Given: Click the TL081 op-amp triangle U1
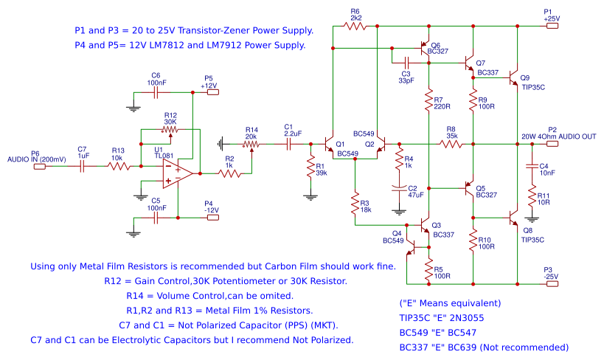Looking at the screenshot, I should tap(178, 174).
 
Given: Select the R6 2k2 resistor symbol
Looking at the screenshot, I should tap(355, 26).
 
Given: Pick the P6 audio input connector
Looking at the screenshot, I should tap(38, 167).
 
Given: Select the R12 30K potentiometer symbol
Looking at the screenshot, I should tap(170, 130).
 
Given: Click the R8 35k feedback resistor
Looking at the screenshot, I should tap(451, 145).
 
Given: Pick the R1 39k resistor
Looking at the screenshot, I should tap(310, 167).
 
